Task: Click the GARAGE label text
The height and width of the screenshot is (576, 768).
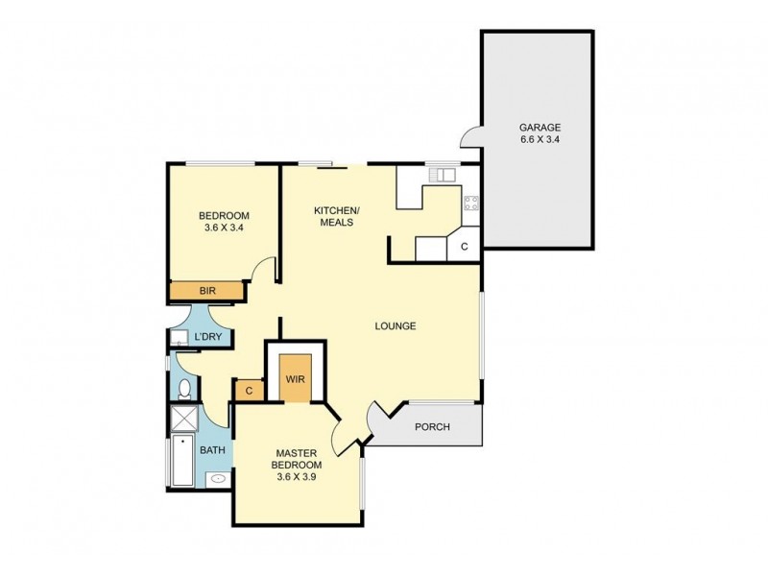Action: tap(540, 128)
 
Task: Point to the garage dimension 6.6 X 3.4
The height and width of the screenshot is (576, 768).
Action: tap(540, 141)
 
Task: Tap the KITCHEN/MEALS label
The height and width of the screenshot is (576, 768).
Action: tap(337, 216)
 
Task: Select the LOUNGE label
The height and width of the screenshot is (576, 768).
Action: tap(395, 326)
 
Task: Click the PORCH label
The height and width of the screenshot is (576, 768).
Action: tap(432, 427)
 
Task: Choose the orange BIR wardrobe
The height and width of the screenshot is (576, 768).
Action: tap(207, 291)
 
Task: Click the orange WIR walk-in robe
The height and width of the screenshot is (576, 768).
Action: tap(295, 377)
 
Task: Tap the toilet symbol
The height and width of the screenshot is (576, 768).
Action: tap(184, 388)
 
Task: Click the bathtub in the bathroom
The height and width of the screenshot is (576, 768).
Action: tap(182, 461)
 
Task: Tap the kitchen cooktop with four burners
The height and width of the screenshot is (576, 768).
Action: tap(471, 203)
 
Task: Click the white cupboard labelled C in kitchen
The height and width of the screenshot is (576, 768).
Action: tap(464, 247)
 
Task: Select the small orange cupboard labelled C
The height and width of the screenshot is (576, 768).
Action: tap(248, 390)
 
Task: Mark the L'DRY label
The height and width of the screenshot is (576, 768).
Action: tap(208, 338)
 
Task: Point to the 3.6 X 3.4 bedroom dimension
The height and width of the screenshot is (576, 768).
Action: tap(223, 228)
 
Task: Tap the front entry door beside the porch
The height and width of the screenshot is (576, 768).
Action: tap(379, 418)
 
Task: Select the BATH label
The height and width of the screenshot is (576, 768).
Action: tap(213, 449)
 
